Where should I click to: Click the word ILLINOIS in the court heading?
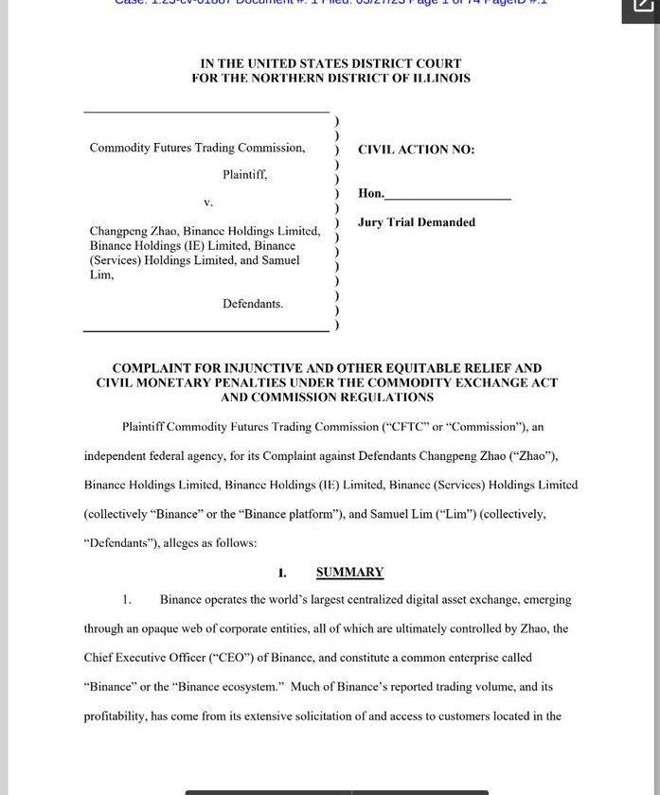tap(440, 79)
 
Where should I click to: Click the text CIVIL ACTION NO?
tap(416, 150)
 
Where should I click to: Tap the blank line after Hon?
tap(448, 194)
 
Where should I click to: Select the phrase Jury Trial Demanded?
tap(417, 222)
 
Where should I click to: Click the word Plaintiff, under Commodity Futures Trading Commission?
tap(244, 174)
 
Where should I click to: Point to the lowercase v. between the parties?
tap(208, 202)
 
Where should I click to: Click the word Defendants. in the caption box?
tap(253, 304)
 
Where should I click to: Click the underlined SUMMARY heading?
tap(349, 572)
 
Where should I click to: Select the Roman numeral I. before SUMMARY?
tap(282, 573)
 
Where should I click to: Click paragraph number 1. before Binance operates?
tap(126, 600)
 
